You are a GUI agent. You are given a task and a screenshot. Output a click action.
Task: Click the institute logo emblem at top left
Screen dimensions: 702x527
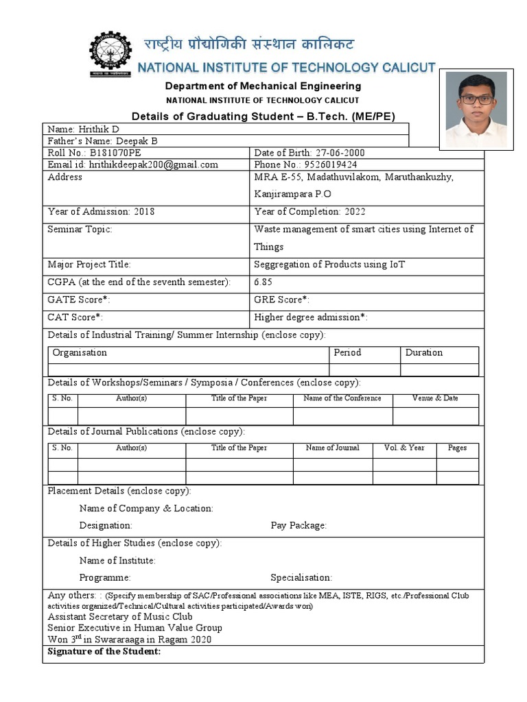click(x=110, y=54)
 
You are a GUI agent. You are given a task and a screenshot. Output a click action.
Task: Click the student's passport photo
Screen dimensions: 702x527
click(x=476, y=110)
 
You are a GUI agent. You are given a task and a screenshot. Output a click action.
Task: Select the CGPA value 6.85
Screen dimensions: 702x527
click(x=266, y=282)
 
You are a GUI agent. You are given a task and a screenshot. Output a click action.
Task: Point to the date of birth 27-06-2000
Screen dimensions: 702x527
click(x=338, y=153)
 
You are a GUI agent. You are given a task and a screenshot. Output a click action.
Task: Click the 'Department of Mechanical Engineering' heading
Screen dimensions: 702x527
click(x=263, y=86)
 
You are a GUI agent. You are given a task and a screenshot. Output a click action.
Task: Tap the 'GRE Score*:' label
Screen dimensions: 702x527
click(x=282, y=300)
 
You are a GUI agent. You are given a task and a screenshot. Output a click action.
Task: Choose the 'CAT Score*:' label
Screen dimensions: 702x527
click(x=75, y=317)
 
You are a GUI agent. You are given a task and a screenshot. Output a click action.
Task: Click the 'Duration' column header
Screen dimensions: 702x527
click(x=424, y=353)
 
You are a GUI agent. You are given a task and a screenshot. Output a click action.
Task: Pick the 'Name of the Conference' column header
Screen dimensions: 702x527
click(x=342, y=398)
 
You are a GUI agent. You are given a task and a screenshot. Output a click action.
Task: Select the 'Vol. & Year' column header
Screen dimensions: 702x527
click(x=404, y=448)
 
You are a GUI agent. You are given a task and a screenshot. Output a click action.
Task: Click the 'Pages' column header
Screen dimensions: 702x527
click(x=457, y=448)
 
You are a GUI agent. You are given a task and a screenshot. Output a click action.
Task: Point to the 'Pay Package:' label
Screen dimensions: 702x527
click(x=298, y=526)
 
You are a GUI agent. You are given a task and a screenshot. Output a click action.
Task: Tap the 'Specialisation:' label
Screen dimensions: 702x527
click(x=301, y=578)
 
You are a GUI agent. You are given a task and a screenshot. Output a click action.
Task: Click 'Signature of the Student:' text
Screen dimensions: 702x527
click(x=104, y=651)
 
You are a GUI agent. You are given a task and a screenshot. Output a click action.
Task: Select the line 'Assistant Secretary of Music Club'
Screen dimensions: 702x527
click(x=120, y=616)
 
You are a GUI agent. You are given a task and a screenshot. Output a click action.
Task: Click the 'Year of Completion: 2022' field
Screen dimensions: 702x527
click(x=307, y=212)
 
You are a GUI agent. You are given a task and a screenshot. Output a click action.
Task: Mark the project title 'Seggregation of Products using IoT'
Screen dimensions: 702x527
click(x=329, y=265)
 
